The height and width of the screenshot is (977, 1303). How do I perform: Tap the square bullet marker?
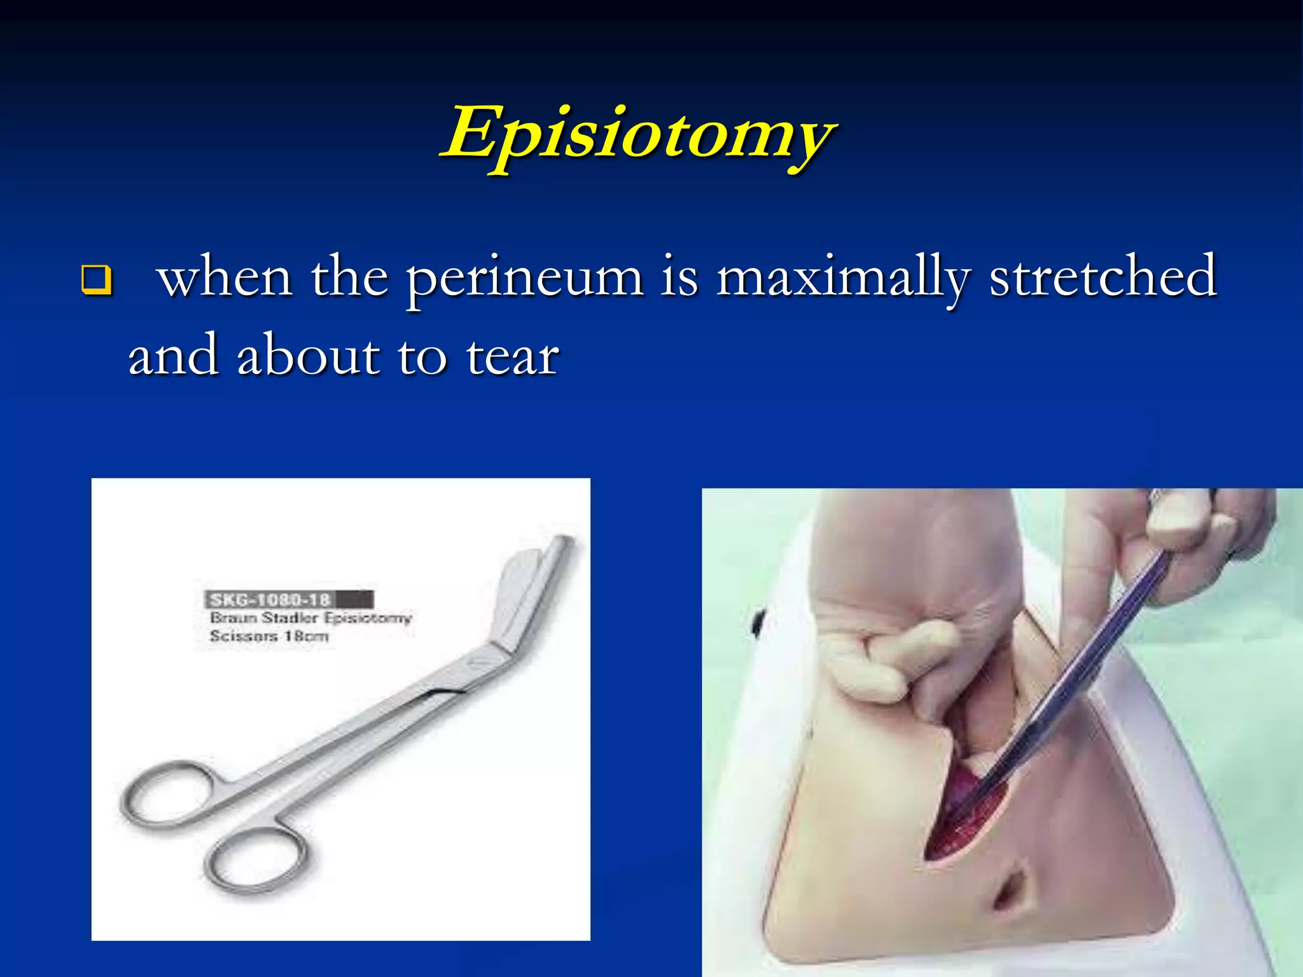click(x=97, y=280)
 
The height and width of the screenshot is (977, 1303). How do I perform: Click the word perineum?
click(x=525, y=280)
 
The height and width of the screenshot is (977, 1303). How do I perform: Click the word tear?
click(x=512, y=357)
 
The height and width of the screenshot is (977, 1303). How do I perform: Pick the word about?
click(x=309, y=357)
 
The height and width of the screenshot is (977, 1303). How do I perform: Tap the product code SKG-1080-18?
click(x=271, y=599)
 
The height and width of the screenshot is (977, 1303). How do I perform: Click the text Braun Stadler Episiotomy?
click(x=310, y=618)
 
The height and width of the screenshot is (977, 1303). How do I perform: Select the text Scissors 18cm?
click(x=268, y=636)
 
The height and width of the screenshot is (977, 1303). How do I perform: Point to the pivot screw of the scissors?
click(x=476, y=663)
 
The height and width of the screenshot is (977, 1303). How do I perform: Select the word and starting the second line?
click(x=172, y=357)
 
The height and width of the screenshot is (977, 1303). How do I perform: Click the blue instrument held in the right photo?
click(x=1082, y=662)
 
